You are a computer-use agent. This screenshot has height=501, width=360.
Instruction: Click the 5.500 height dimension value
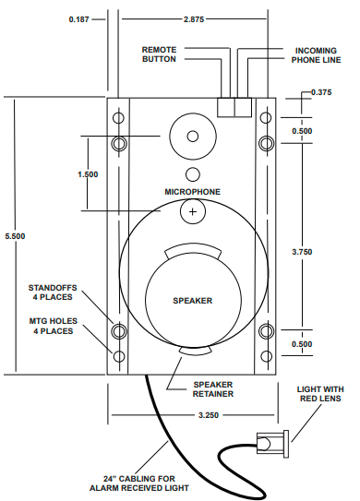pyautogui.click(x=15, y=236)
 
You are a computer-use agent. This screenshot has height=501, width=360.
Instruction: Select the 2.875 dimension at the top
pyautogui.click(x=194, y=19)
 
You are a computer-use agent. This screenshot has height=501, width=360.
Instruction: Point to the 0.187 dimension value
pyautogui.click(x=78, y=19)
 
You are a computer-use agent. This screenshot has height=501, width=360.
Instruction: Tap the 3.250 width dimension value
pyautogui.click(x=209, y=415)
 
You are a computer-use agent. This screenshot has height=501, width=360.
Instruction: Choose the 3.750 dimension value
pyautogui.click(x=302, y=252)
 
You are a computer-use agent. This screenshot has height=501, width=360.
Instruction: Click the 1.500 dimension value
pyautogui.click(x=88, y=174)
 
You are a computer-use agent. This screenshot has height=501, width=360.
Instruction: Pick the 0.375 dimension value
pyautogui.click(x=321, y=92)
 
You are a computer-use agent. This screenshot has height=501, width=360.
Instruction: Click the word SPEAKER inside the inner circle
pyautogui.click(x=193, y=301)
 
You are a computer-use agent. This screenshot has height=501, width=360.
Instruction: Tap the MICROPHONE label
pyautogui.click(x=193, y=192)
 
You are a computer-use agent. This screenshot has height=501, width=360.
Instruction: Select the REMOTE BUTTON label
pyautogui.click(x=159, y=54)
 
